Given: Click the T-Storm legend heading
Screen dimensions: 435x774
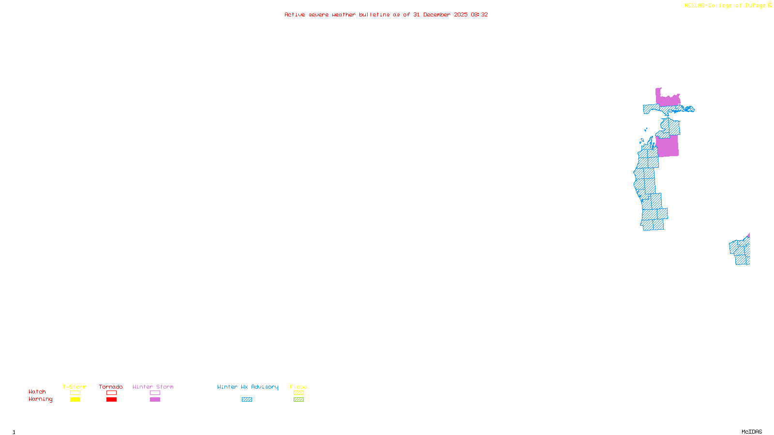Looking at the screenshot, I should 74,387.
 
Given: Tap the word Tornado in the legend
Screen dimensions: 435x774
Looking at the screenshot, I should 111,387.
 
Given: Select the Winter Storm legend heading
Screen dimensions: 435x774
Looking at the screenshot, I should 153,387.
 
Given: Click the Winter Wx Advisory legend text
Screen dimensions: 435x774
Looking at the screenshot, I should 248,387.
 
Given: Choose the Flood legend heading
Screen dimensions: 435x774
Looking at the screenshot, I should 298,387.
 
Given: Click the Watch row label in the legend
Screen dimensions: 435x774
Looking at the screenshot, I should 37,391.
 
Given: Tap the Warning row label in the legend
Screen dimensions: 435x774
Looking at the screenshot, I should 41,399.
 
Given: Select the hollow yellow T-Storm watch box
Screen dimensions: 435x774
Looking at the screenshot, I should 75,393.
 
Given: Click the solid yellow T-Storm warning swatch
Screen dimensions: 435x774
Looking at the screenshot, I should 75,400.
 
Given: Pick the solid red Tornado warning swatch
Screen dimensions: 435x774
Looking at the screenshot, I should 112,400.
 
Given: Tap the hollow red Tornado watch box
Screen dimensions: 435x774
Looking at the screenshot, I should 112,393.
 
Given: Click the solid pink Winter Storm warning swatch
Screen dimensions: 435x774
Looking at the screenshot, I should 155,400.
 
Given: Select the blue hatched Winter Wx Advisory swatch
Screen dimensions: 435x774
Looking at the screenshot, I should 247,400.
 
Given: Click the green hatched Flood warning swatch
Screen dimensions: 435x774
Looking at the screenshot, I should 298,400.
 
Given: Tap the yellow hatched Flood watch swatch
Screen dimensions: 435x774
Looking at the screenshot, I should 298,393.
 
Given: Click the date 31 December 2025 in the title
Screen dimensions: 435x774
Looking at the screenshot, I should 440,14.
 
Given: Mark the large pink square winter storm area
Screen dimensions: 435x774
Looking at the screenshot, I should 668,146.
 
